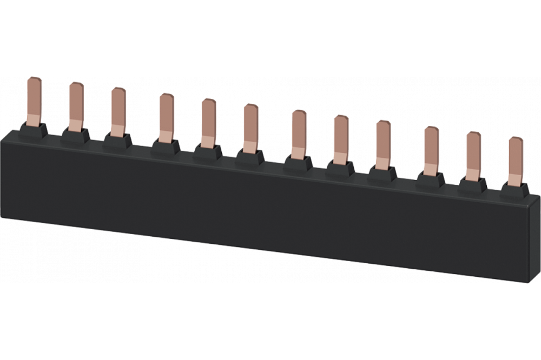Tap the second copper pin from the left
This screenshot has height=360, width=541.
point(76,105)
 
